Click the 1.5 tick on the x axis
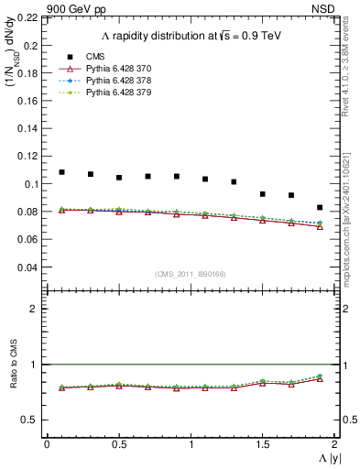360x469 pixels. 263,444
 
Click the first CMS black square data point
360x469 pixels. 61,172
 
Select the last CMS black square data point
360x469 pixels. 320,208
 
